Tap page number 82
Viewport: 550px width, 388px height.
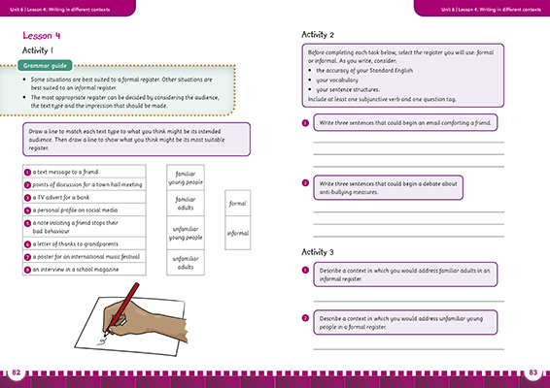click(x=14, y=373)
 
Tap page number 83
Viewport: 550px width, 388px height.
click(x=533, y=373)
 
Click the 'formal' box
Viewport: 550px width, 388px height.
click(x=237, y=205)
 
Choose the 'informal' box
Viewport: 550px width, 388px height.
click(x=237, y=234)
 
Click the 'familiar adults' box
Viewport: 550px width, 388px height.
click(x=186, y=205)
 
